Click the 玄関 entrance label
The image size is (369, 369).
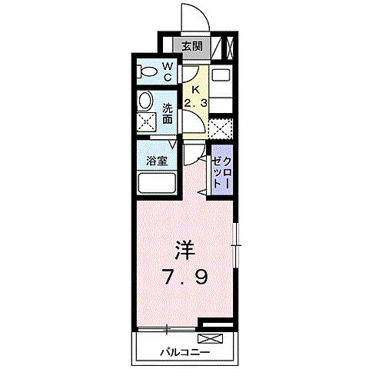[x=191, y=46]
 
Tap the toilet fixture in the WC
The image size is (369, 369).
[x=146, y=73]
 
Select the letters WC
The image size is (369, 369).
[x=167, y=72]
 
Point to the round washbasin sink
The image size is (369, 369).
[x=145, y=101]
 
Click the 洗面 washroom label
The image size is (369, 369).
[x=167, y=113]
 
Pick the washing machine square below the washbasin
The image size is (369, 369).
[x=145, y=123]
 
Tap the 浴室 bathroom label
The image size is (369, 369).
[x=158, y=162]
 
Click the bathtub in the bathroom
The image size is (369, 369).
[x=158, y=184]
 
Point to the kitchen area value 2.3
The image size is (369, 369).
[x=195, y=102]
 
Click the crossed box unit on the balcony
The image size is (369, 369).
[x=208, y=337]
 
